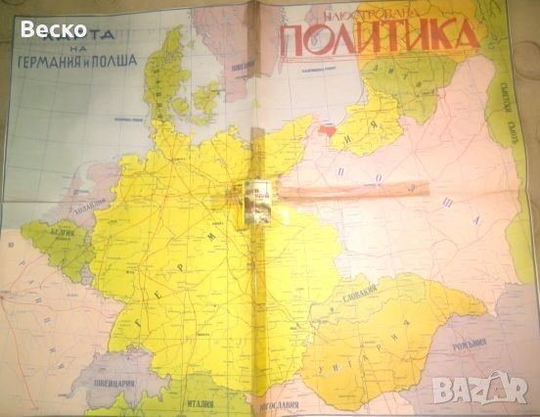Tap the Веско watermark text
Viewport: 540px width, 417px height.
[54, 29]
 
